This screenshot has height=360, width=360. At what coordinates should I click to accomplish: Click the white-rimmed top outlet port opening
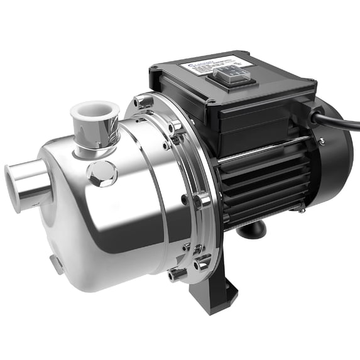coord(94,111)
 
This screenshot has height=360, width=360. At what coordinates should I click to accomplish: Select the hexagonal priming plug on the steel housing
coord(101,172)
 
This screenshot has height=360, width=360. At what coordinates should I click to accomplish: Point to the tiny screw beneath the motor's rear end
coord(302,211)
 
